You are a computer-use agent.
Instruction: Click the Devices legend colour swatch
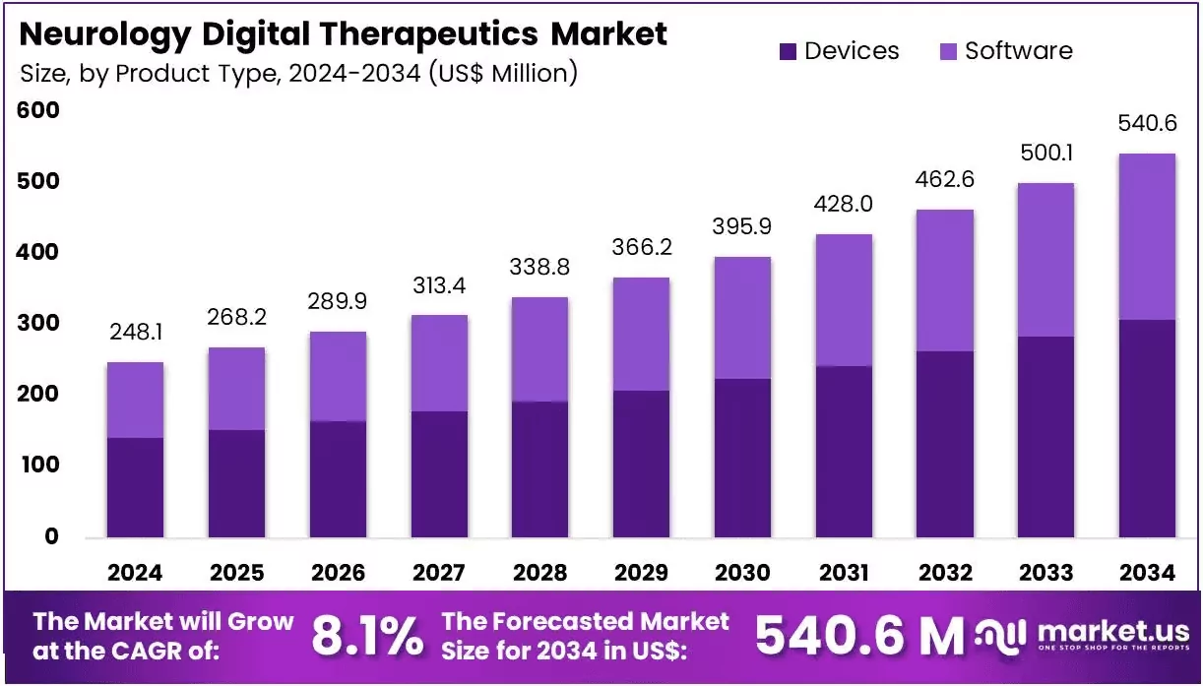tap(788, 52)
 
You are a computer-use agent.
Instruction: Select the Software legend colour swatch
tap(948, 52)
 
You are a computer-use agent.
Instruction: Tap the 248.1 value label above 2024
tap(136, 332)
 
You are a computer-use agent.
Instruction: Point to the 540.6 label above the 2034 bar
tap(1148, 123)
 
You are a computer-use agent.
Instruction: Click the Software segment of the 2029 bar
tap(641, 334)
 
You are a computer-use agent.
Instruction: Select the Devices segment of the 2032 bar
tap(945, 445)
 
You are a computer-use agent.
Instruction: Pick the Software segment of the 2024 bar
tap(135, 400)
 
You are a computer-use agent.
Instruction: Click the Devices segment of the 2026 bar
tap(338, 479)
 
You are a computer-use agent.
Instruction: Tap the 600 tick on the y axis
tap(37, 110)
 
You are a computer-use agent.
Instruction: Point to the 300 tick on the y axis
tap(37, 323)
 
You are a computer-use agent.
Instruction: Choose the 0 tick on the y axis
tap(51, 535)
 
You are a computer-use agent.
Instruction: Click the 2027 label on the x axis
tap(439, 573)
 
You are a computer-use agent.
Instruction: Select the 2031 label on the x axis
tap(844, 573)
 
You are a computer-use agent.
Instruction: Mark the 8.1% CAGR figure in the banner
tap(367, 636)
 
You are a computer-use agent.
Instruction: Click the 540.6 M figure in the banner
tap(859, 636)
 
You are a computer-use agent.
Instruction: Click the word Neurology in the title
tap(105, 34)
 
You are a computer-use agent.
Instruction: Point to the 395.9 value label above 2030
tap(742, 226)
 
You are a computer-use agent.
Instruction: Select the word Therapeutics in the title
tap(429, 34)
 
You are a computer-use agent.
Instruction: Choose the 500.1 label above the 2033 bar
tap(1046, 153)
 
